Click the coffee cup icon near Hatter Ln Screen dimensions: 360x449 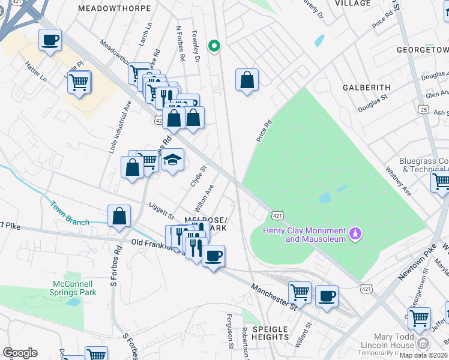(x=50, y=40)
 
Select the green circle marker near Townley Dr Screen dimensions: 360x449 (x=213, y=46)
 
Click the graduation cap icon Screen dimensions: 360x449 (x=172, y=160)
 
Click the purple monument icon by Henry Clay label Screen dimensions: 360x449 (x=355, y=232)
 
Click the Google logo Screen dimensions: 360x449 (x=20, y=353)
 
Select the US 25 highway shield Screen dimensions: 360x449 (x=424, y=110)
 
